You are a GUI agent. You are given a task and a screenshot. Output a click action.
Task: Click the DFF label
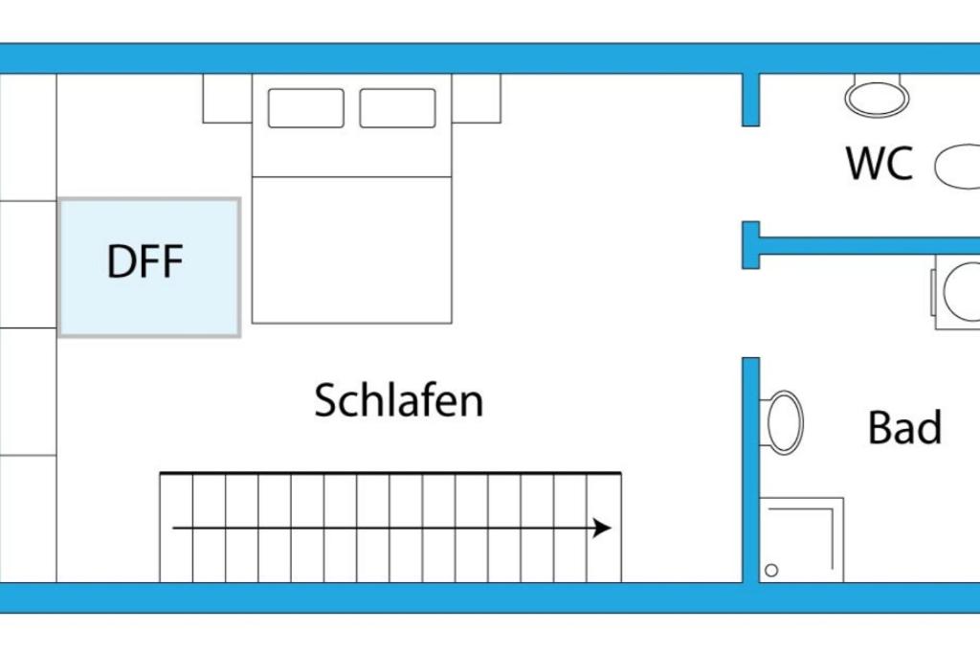[145, 261]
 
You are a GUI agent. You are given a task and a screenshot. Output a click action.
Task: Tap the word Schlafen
[399, 400]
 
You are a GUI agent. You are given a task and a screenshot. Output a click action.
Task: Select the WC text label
[880, 163]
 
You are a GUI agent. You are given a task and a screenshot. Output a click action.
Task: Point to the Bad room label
[905, 428]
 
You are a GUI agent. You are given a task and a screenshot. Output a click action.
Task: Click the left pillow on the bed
[305, 108]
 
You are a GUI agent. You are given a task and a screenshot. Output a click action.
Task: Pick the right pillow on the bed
[397, 108]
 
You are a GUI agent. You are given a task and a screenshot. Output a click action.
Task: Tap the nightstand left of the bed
[228, 99]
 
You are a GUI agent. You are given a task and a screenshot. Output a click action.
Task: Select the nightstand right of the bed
[477, 99]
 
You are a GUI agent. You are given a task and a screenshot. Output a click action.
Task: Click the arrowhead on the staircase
[602, 529]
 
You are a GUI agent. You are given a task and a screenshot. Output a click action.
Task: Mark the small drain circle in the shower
[771, 571]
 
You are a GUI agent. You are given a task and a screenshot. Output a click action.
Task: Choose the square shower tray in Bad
[801, 540]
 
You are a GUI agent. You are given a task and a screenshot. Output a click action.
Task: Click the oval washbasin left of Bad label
[785, 422]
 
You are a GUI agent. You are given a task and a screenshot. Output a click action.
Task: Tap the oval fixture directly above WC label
[877, 97]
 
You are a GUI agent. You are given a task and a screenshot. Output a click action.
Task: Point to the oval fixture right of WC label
[957, 167]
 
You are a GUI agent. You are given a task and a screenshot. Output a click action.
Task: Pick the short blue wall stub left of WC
[750, 100]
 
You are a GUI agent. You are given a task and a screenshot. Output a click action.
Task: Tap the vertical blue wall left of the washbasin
[750, 470]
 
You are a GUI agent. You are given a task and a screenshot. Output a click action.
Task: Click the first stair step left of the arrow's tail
[176, 528]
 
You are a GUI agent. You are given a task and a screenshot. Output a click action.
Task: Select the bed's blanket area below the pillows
[352, 250]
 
